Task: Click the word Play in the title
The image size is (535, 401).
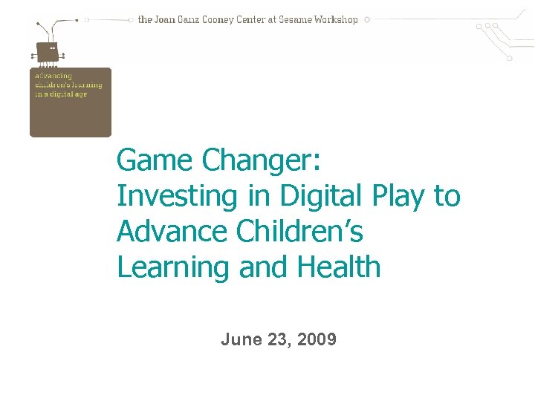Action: point(397,197)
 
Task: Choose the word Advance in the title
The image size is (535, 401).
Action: point(172,232)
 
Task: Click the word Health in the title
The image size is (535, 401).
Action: point(338,267)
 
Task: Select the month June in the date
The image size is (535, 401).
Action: point(241,340)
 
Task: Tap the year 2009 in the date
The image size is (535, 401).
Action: point(317,340)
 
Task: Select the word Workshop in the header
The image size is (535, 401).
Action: point(335,20)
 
